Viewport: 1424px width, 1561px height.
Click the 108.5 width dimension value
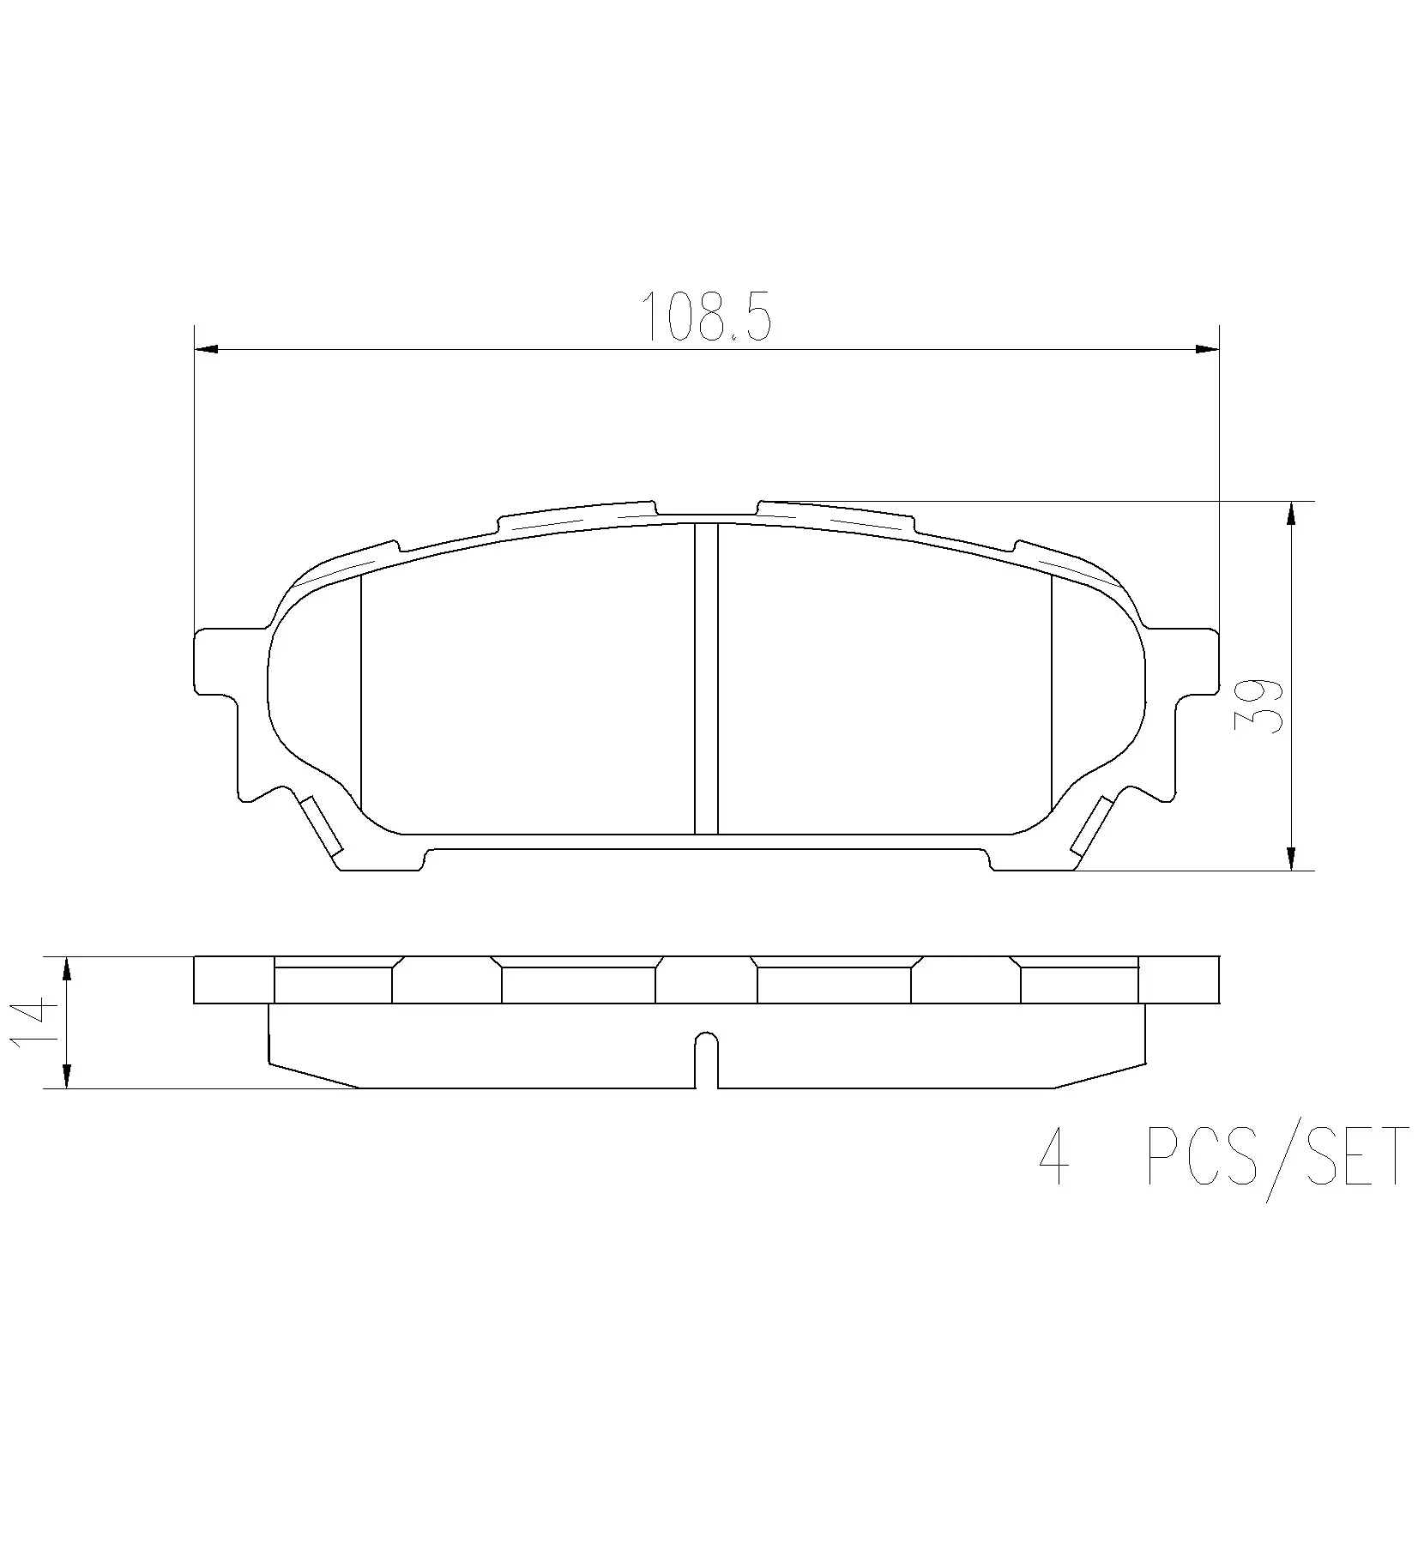click(707, 316)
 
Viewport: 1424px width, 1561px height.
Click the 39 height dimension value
click(1258, 705)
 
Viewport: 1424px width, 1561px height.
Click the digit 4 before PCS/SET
click(1053, 1156)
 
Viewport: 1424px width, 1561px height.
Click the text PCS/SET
click(1276, 1156)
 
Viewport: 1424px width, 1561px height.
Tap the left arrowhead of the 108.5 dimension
click(207, 349)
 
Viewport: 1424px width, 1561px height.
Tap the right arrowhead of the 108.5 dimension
click(1207, 349)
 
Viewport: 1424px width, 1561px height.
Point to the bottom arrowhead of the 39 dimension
click(1291, 859)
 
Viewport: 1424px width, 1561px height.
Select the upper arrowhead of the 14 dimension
click(66, 968)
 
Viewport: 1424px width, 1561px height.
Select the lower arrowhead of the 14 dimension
click(66, 1076)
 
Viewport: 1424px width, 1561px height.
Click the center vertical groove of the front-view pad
click(705, 678)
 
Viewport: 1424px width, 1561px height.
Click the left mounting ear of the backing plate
click(216, 662)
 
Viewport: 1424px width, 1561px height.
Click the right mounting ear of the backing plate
click(1197, 662)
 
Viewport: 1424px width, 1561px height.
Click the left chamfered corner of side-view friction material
click(313, 1076)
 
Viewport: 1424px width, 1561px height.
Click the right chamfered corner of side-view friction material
click(1099, 1076)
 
